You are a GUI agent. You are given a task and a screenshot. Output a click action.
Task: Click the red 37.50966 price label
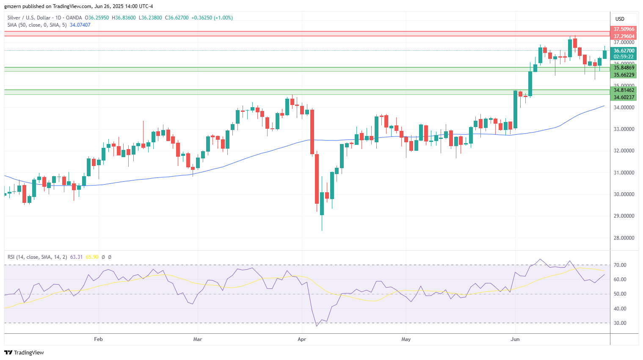[x=624, y=29]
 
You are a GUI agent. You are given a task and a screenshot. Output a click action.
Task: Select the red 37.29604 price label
[x=624, y=36]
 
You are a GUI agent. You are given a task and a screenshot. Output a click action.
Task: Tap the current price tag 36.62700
[x=624, y=51]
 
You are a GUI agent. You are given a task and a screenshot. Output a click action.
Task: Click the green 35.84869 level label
[x=624, y=68]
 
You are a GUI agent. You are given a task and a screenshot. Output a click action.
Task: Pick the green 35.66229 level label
[x=624, y=75]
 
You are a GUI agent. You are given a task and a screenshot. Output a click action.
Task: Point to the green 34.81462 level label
[x=624, y=90]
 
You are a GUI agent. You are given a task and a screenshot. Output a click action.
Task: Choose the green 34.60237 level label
[x=624, y=97]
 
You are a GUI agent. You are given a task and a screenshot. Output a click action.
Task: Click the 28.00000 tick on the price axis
[x=624, y=238]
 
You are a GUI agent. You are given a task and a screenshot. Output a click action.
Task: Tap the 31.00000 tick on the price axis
[x=624, y=173]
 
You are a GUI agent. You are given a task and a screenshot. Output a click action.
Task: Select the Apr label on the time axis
[x=302, y=339]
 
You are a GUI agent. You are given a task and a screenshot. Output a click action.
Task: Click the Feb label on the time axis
[x=98, y=339]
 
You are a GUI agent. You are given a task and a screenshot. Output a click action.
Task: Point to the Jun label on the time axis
[x=515, y=339]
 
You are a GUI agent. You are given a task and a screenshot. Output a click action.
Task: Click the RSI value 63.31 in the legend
[x=76, y=257]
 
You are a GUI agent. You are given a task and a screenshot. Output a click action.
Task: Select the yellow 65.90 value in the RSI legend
[x=92, y=257]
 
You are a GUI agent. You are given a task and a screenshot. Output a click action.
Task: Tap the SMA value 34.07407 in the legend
[x=80, y=25]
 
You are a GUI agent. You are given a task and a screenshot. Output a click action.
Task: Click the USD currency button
[x=620, y=19]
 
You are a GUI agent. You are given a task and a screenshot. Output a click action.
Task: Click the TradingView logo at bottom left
[x=24, y=352]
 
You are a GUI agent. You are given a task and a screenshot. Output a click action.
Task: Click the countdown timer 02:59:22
[x=624, y=57]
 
